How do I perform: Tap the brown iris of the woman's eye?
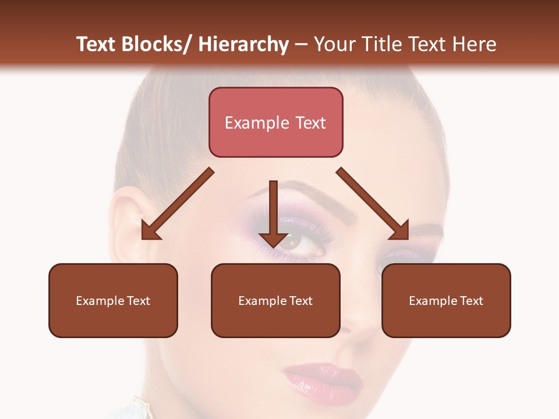pyautogui.click(x=292, y=241)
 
